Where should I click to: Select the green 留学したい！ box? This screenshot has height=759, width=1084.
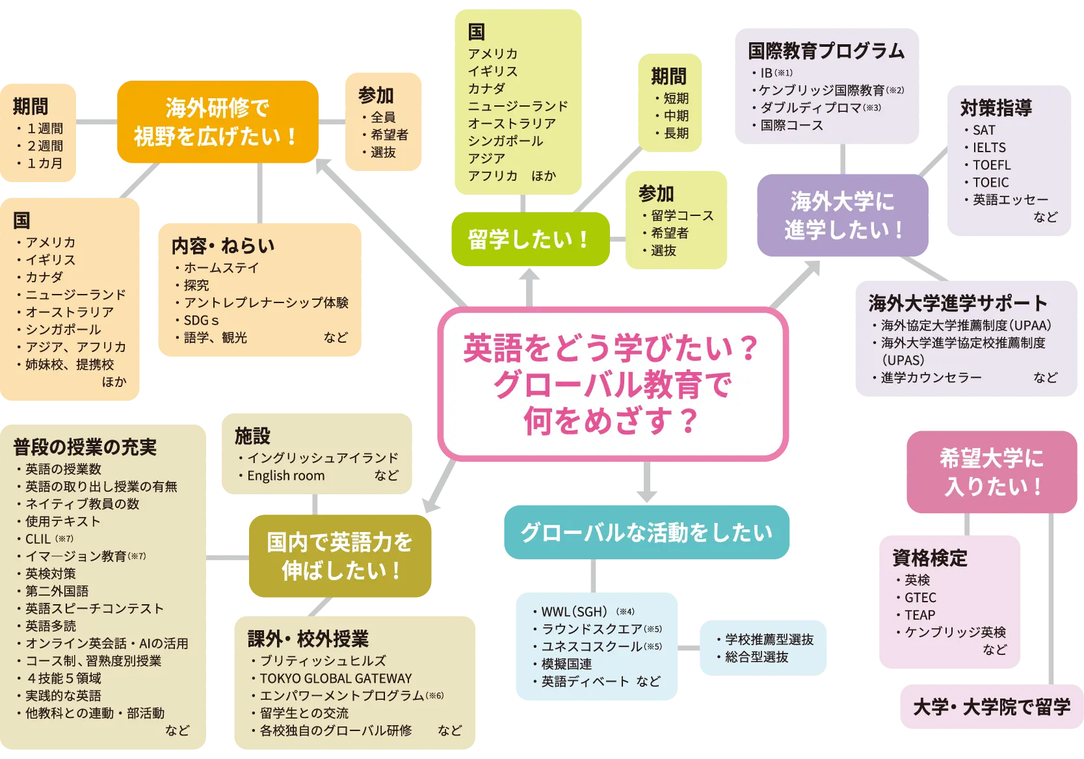529,239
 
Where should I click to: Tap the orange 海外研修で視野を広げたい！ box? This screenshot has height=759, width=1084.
217,122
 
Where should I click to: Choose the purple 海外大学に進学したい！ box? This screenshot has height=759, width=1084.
843,215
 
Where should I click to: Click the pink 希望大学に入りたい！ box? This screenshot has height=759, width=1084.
991,472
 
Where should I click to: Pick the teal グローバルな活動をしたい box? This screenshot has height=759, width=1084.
646,532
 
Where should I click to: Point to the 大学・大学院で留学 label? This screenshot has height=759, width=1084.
991,707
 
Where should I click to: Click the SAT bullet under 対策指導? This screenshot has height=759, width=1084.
983,130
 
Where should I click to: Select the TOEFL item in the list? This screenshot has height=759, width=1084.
991,165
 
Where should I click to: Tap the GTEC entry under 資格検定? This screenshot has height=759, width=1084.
919,597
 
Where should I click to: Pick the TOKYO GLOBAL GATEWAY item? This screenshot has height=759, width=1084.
336,678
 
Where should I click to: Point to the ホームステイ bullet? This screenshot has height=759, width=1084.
220,267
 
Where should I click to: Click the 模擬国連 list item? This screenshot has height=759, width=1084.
566,664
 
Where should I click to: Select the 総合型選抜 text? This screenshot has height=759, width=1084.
756,657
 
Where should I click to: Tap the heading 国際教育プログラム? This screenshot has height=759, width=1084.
826,51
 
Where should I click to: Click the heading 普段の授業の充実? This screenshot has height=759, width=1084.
85,447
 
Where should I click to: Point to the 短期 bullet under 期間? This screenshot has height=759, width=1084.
676,98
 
